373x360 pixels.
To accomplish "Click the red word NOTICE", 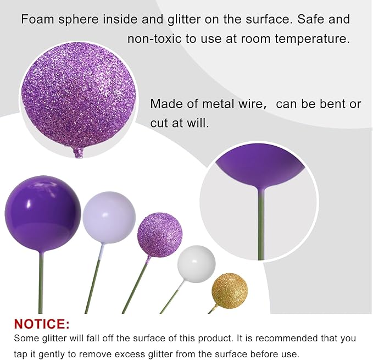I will point(42,323).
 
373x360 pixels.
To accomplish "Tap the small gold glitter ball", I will point(230,291).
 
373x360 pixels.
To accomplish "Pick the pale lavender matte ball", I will point(109,217).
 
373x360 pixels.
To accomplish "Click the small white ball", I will point(196,264).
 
